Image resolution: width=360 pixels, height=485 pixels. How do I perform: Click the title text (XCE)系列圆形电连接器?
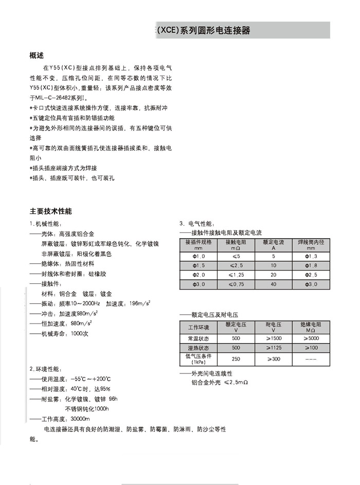pyautogui.click(x=204, y=30)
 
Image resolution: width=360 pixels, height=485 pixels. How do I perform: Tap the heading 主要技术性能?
pyautogui.click(x=51, y=211)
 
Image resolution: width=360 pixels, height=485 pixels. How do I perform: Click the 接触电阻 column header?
pyautogui.click(x=236, y=244)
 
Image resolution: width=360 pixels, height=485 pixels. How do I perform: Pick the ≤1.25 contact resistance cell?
pyautogui.click(x=236, y=275)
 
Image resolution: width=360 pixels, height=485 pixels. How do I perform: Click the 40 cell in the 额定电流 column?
pyautogui.click(x=273, y=284)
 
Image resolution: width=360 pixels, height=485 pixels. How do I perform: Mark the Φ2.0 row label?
pyautogui.click(x=199, y=275)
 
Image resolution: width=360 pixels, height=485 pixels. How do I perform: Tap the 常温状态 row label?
pyautogui.click(x=199, y=338)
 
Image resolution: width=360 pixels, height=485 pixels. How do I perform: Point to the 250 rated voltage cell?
pyautogui.click(x=236, y=359)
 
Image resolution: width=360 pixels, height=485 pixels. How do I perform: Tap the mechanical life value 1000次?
pyautogui.click(x=80, y=334)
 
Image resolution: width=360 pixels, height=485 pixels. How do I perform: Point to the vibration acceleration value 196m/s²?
pyautogui.click(x=139, y=303)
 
